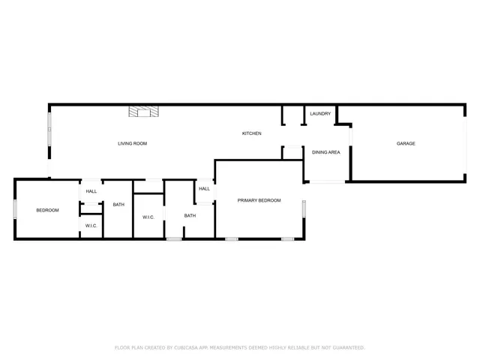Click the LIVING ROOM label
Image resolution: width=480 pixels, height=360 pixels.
coord(132,143)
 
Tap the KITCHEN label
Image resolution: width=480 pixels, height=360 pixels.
coord(251,133)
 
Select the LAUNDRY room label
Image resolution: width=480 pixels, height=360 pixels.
coord(320,114)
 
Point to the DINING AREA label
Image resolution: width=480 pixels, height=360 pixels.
coord(326,152)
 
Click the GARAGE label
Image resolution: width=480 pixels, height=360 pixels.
coord(406,143)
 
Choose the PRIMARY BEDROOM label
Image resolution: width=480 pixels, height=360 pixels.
coord(259,200)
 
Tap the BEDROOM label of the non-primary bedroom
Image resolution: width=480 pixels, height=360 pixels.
coord(47,210)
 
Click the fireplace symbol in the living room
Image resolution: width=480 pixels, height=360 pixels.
coord(144,112)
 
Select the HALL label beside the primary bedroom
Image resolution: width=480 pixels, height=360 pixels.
coord(204,189)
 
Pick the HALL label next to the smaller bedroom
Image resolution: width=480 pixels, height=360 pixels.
coord(91,191)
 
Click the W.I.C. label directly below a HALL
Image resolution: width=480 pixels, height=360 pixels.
coord(91,226)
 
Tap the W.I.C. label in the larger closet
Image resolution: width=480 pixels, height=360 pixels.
coord(148,217)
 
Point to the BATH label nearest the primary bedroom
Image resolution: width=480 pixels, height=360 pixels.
coord(190,216)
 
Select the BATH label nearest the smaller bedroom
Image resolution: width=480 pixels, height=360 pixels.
coord(118,205)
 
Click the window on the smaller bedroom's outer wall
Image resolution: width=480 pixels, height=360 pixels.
coord(15,208)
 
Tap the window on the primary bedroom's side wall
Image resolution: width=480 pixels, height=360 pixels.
coord(304,208)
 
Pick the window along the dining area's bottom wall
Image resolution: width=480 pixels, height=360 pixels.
coord(326,181)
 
